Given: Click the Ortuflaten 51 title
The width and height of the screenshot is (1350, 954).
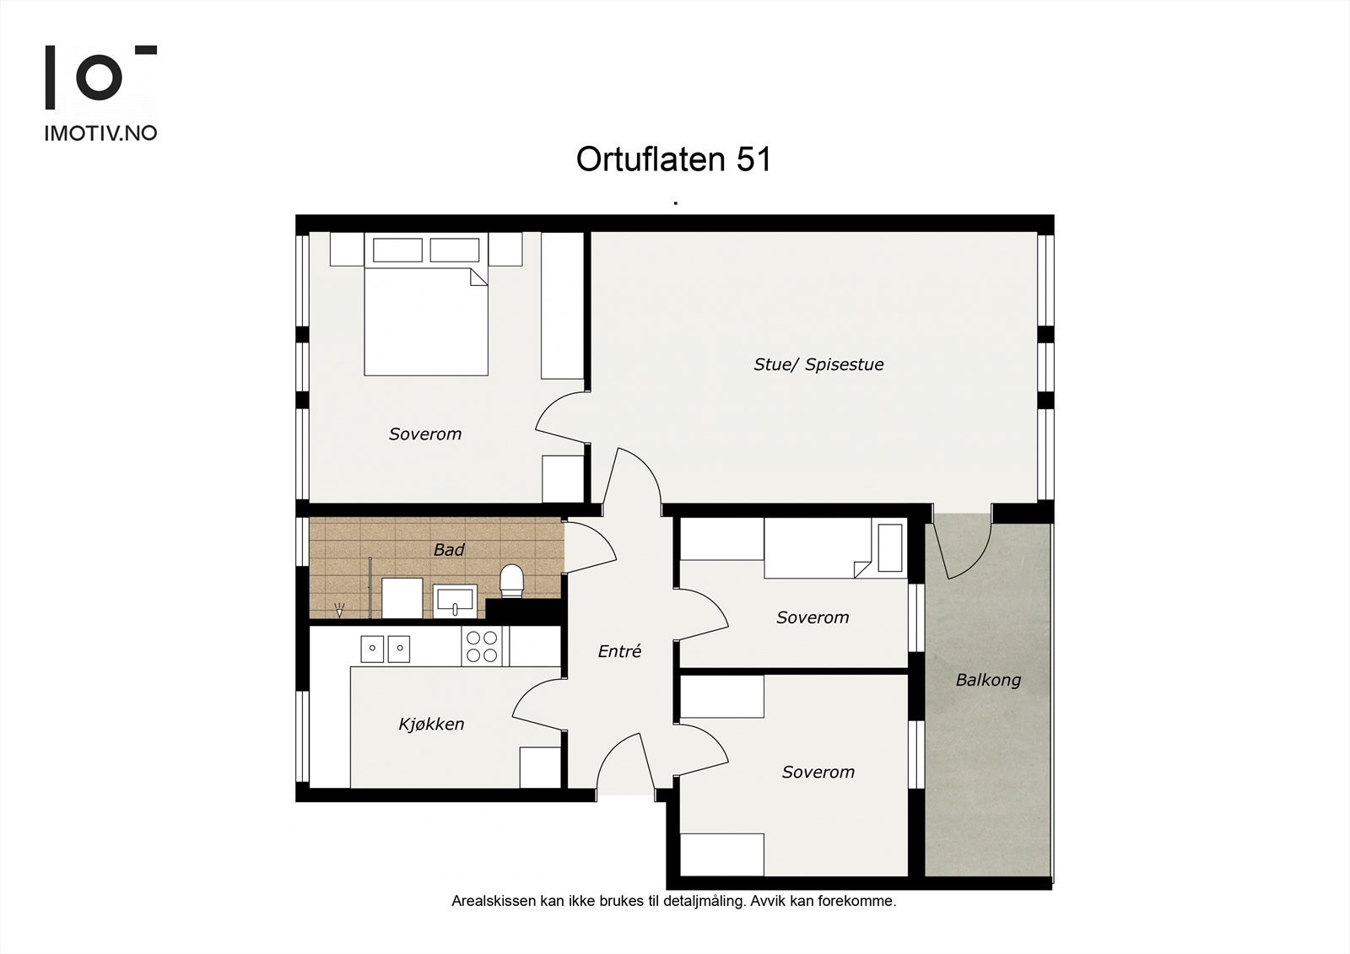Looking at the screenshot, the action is pyautogui.click(x=673, y=159).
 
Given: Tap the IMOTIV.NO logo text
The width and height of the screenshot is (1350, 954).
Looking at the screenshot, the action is pyautogui.click(x=100, y=133).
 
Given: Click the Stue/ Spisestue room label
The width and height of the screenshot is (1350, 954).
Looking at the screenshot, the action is pyautogui.click(x=818, y=364).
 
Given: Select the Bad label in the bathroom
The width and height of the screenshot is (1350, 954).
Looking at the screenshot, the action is pyautogui.click(x=449, y=549).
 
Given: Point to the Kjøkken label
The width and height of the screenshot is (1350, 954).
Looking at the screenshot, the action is pyautogui.click(x=431, y=724).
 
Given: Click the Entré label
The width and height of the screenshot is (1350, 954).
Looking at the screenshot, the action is pyautogui.click(x=619, y=651).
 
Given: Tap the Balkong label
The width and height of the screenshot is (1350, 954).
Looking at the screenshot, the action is pyautogui.click(x=988, y=681).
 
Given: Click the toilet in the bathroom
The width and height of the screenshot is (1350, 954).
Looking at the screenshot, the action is pyautogui.click(x=512, y=580).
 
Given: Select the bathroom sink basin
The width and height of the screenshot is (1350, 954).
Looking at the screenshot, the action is pyautogui.click(x=455, y=601).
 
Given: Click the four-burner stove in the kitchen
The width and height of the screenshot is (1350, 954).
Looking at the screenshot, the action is pyautogui.click(x=482, y=646).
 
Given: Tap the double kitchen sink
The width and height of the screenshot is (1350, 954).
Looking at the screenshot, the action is pyautogui.click(x=385, y=649).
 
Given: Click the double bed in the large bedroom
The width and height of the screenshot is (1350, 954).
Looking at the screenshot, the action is pyautogui.click(x=426, y=305).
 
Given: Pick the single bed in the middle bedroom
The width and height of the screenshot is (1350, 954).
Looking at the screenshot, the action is pyautogui.click(x=835, y=548).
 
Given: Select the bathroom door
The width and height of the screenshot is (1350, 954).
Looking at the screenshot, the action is pyautogui.click(x=591, y=547).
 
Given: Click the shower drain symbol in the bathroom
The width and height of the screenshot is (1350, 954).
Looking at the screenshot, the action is pyautogui.click(x=339, y=610).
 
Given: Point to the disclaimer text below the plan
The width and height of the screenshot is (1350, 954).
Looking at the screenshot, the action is pyautogui.click(x=674, y=901).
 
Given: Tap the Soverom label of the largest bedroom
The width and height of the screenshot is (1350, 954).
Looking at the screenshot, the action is pyautogui.click(x=425, y=434).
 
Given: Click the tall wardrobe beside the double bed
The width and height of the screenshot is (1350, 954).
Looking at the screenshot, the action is pyautogui.click(x=562, y=305).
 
